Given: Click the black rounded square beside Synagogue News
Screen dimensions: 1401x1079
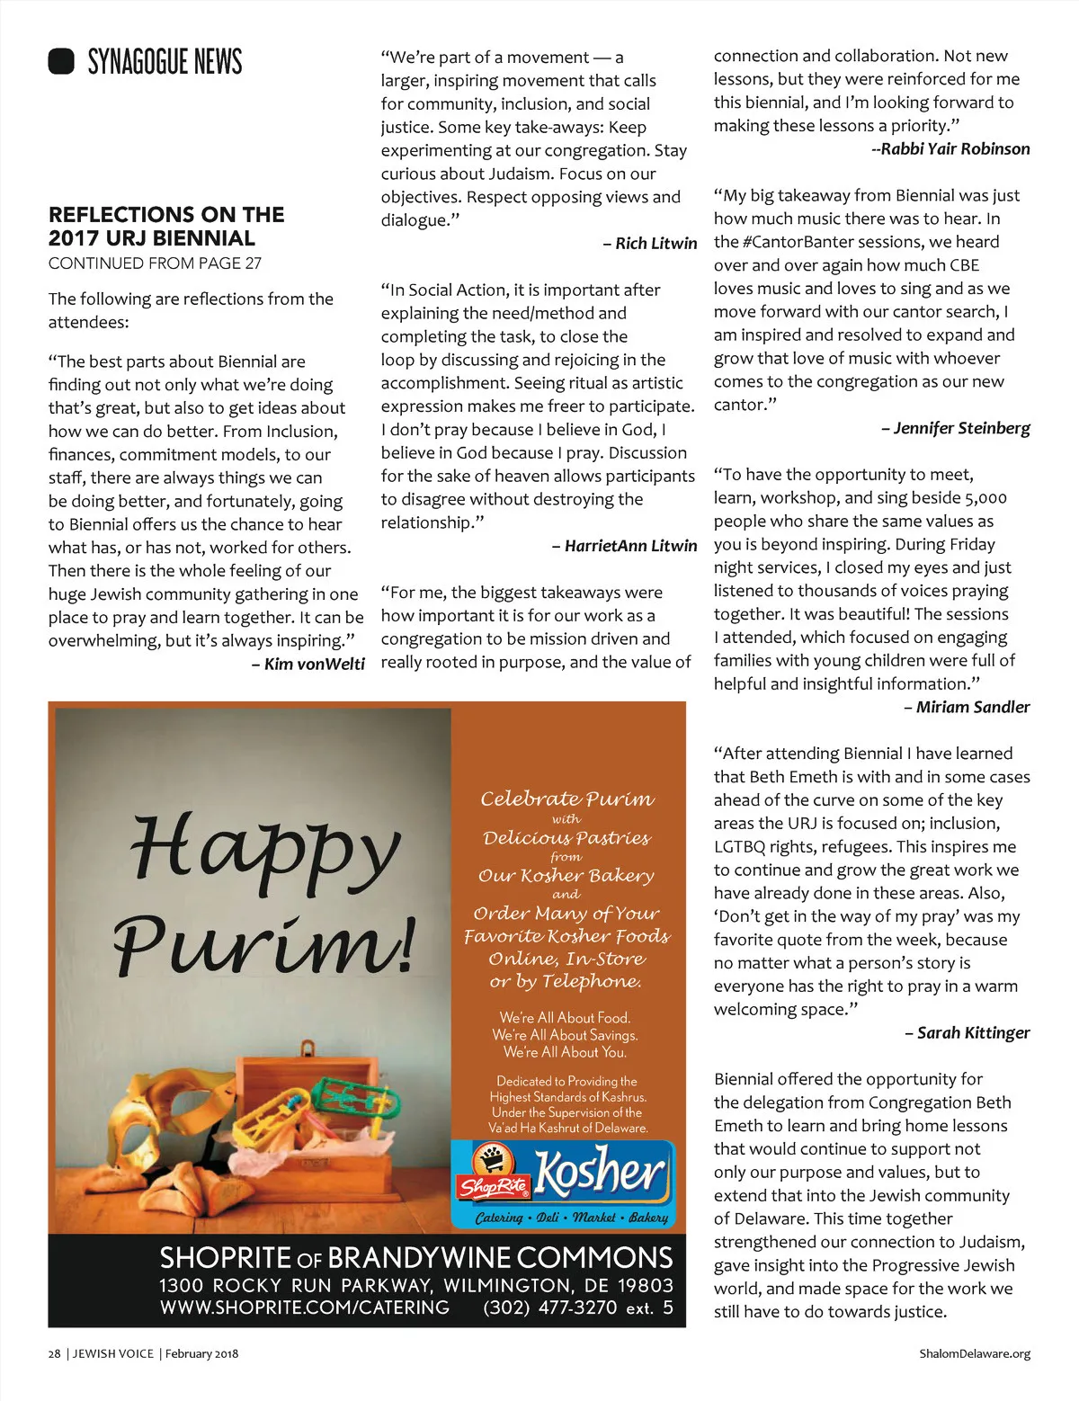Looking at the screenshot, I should point(61,61).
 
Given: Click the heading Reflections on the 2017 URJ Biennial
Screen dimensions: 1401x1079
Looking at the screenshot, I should point(166,227).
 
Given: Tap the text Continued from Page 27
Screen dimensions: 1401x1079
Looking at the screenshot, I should point(155,263).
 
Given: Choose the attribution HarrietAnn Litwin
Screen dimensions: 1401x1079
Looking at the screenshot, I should point(630,546).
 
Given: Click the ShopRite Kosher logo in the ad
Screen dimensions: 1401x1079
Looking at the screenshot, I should point(562,1182).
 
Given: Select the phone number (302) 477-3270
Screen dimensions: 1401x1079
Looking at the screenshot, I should point(549,1307).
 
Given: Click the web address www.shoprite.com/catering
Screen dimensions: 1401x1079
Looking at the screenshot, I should point(305,1307).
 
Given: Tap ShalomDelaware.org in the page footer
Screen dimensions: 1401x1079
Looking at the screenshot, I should point(975,1353).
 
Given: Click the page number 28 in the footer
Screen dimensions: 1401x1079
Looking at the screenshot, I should point(54,1353).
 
